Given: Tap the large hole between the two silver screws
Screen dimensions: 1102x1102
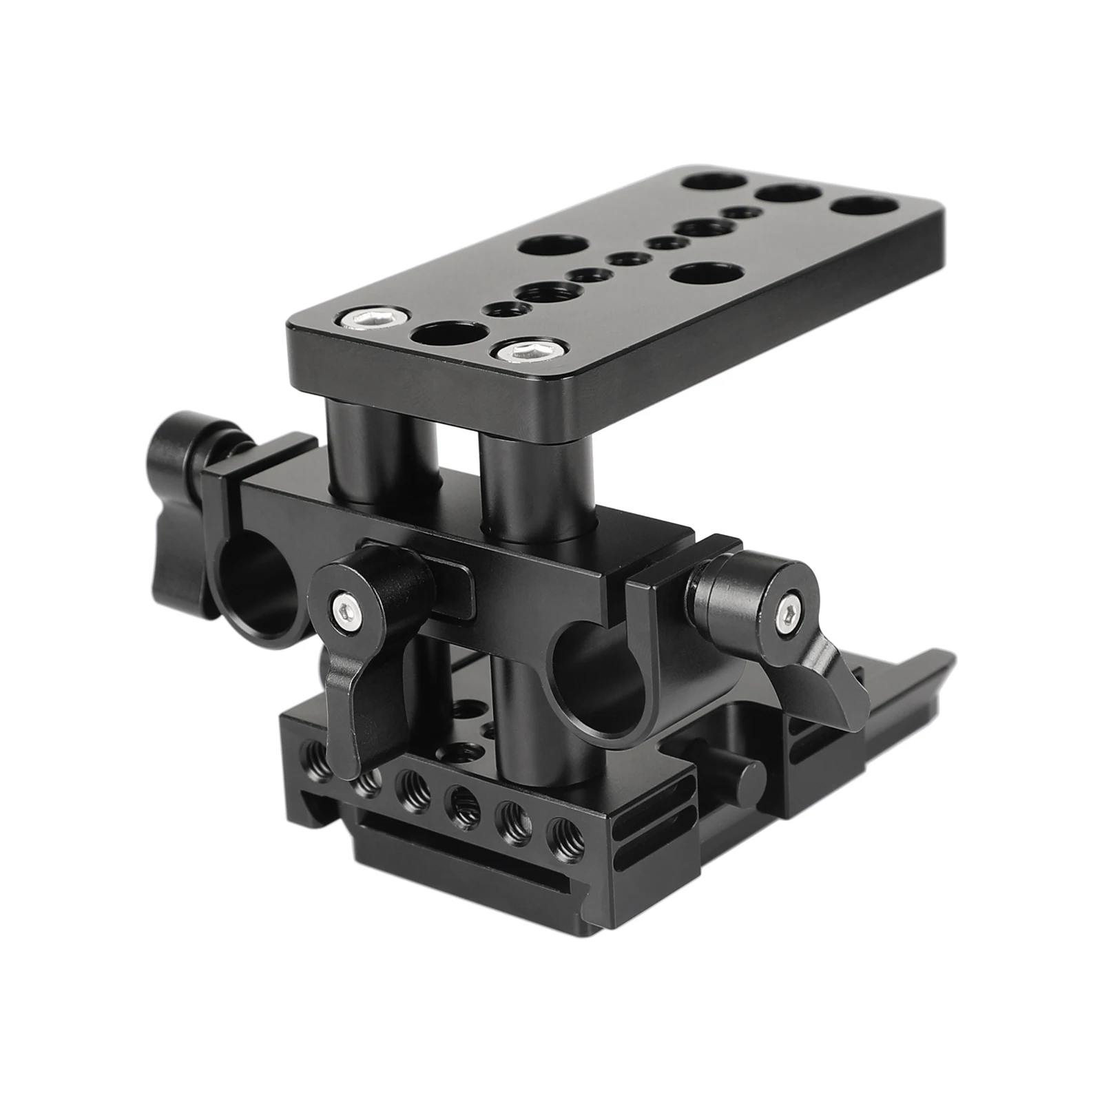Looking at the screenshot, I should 440,337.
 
